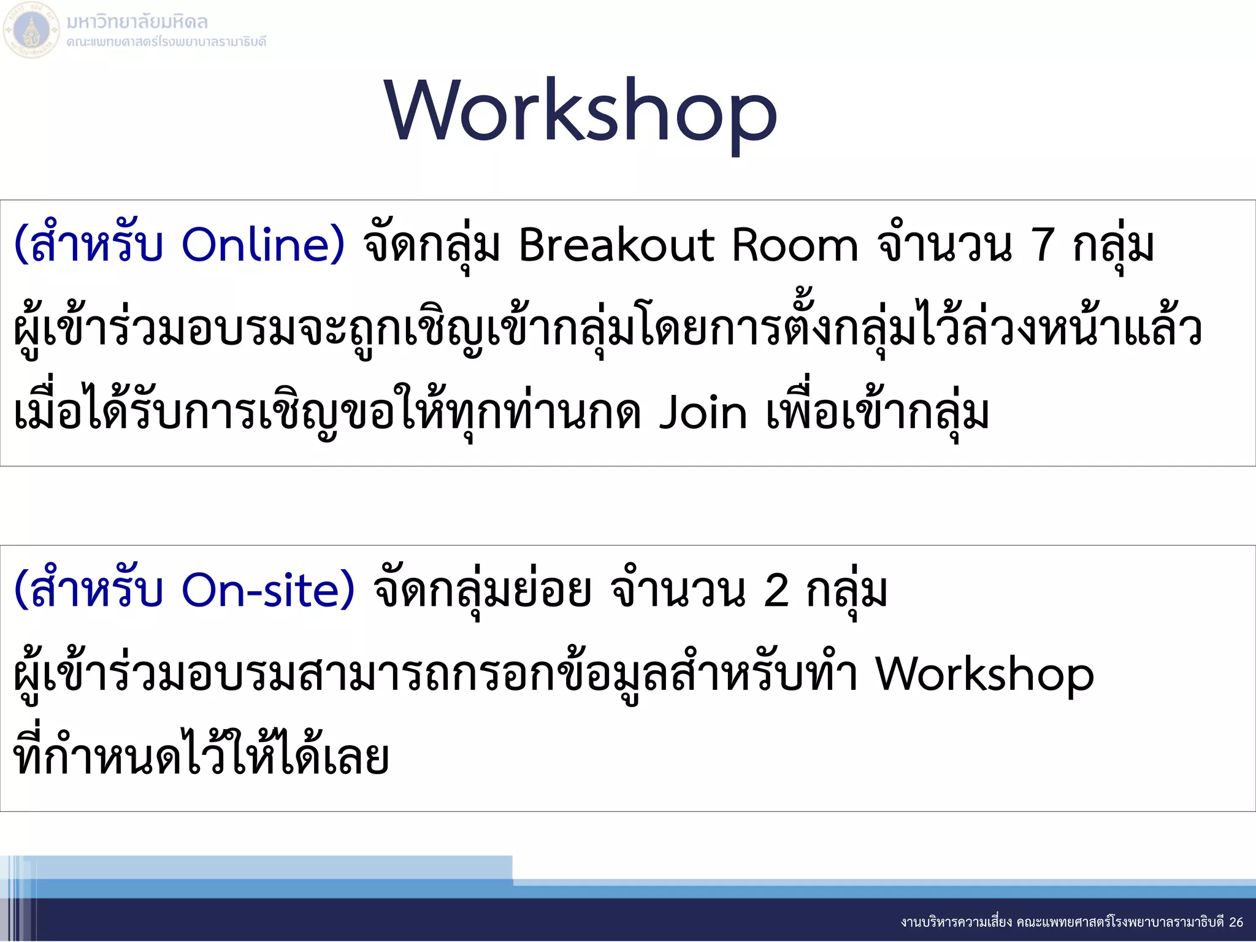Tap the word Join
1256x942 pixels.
coord(703,413)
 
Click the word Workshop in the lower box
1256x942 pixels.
coord(984,675)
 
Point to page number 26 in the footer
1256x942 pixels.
coord(1236,922)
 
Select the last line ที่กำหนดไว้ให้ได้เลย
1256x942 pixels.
coord(201,757)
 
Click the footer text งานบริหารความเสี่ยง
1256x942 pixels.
coord(956,922)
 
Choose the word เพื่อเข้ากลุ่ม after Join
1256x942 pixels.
coord(877,413)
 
